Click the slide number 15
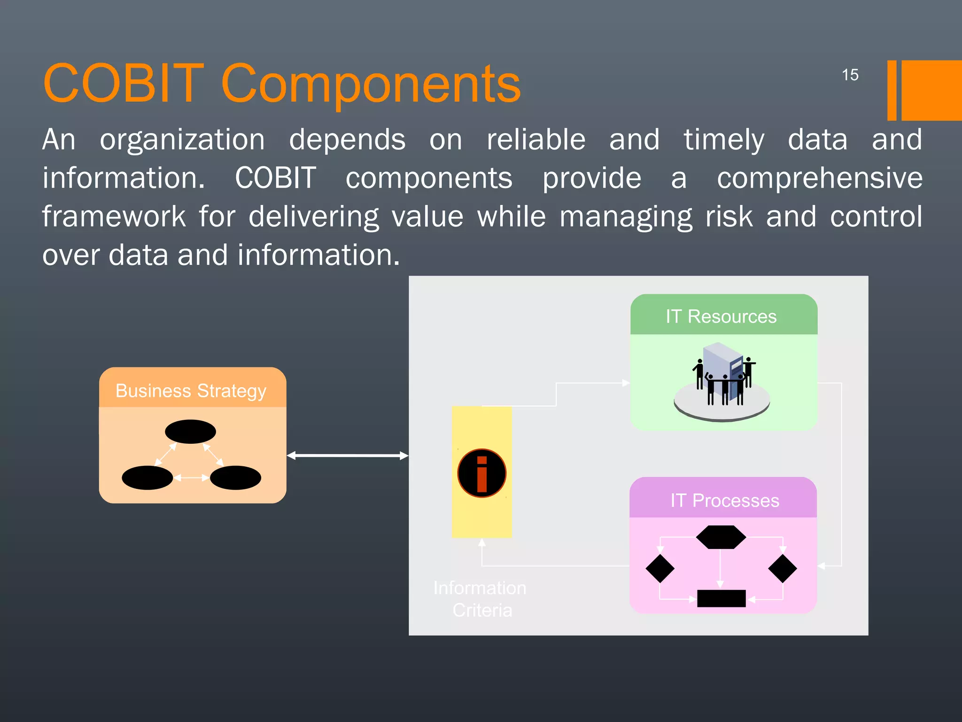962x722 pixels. pos(850,75)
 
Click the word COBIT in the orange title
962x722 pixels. pos(123,83)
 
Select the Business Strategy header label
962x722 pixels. pos(191,391)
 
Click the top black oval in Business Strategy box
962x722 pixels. pos(190,431)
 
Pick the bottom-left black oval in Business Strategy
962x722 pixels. pos(147,478)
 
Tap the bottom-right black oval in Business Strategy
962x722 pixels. pos(235,478)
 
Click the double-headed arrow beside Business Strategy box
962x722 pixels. pos(348,455)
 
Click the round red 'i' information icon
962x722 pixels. pos(481,473)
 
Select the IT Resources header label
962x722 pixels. pos(721,316)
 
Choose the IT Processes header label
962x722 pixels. pos(724,500)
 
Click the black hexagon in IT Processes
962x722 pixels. pos(721,537)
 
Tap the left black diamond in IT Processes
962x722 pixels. pos(660,568)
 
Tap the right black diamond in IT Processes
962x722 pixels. pos(782,568)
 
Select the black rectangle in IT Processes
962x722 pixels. pos(721,598)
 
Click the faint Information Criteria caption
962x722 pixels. pos(481,599)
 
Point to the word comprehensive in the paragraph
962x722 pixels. pos(819,178)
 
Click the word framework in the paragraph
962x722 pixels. pos(114,216)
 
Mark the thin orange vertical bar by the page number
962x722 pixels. pos(892,90)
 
